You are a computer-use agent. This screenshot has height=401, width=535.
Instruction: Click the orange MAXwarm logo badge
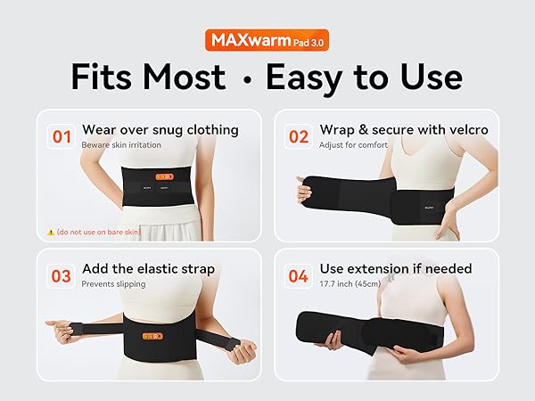tap(267, 40)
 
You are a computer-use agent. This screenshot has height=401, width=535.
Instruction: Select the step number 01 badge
tap(62, 137)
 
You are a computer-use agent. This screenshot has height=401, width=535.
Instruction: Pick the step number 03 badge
tap(62, 276)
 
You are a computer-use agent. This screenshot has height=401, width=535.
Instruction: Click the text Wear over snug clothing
tap(160, 130)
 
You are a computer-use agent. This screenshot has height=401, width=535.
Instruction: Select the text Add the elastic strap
tap(148, 268)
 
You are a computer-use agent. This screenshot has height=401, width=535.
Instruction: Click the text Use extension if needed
tap(383, 268)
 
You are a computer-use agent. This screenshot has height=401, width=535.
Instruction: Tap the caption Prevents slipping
tap(113, 284)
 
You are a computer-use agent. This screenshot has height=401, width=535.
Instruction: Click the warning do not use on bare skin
tap(97, 232)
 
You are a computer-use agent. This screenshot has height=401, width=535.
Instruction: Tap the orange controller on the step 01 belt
tap(164, 176)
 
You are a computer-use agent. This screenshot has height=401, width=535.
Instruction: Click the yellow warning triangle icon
tap(51, 232)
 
